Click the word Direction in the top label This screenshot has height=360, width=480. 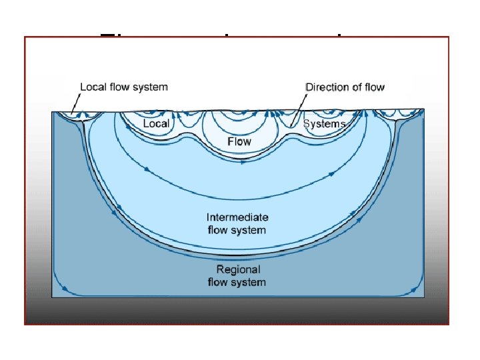pos(326,87)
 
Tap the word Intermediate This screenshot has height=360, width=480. pos(238,217)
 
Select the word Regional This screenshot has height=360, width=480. pos(238,269)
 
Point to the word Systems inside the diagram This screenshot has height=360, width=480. pos(325,124)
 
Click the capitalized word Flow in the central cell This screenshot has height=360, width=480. pos(239,141)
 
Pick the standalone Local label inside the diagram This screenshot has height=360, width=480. pos(157,124)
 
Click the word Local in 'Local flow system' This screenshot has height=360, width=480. pos(93,87)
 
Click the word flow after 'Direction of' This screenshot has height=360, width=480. pos(375,87)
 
